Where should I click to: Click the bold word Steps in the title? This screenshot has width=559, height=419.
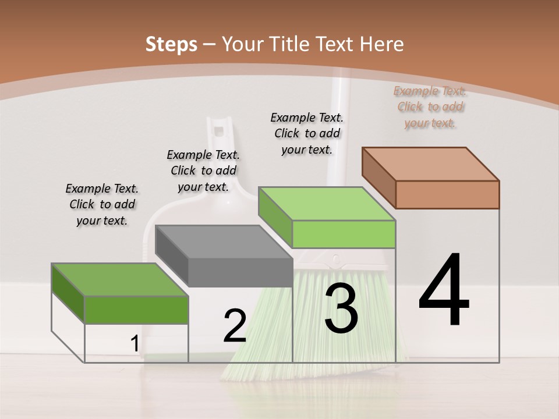(x=171, y=44)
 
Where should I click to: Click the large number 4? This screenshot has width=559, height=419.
(x=444, y=291)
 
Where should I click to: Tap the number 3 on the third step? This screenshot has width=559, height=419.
(x=341, y=308)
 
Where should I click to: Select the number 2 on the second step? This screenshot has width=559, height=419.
(x=235, y=326)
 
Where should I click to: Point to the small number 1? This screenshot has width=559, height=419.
(x=135, y=344)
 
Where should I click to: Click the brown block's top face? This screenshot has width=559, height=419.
(x=431, y=164)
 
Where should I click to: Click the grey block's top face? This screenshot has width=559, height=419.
(x=224, y=242)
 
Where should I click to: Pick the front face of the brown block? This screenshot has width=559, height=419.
(x=447, y=194)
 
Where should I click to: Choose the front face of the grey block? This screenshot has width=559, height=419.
(x=240, y=272)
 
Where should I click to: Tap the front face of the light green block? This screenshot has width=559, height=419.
(x=344, y=235)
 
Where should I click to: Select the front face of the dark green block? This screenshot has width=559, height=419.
(x=136, y=310)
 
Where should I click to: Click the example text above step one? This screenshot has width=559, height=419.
(x=102, y=204)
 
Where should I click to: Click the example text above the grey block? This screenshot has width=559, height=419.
(x=203, y=171)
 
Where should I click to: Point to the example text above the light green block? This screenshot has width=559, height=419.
(x=307, y=133)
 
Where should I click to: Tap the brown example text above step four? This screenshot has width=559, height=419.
(x=430, y=106)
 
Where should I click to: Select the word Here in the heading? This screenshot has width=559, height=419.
(x=382, y=44)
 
